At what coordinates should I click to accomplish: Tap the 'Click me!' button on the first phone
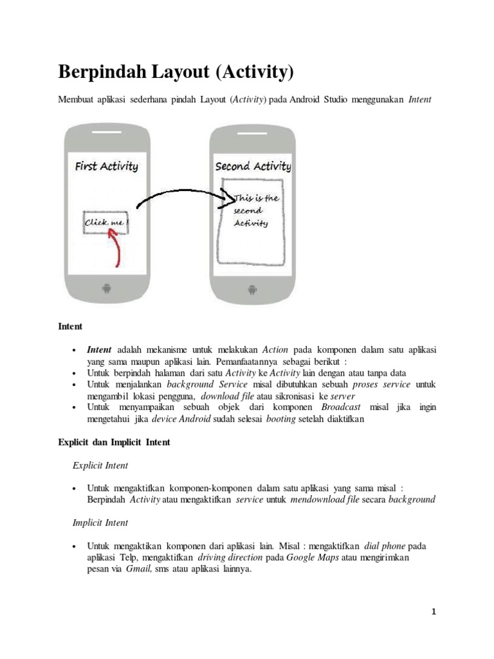[105, 223]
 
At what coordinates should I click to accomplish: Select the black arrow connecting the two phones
[177, 196]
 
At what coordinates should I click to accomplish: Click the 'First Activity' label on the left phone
[106, 166]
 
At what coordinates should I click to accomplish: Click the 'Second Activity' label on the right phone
[253, 166]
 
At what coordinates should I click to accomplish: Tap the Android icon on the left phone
[107, 288]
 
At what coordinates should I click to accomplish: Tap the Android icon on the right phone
[252, 288]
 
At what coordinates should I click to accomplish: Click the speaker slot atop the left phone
[107, 134]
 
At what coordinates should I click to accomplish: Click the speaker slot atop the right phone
[252, 134]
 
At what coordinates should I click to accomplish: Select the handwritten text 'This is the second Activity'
[255, 210]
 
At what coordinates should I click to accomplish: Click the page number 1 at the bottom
[434, 612]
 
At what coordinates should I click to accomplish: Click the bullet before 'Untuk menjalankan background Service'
[75, 385]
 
